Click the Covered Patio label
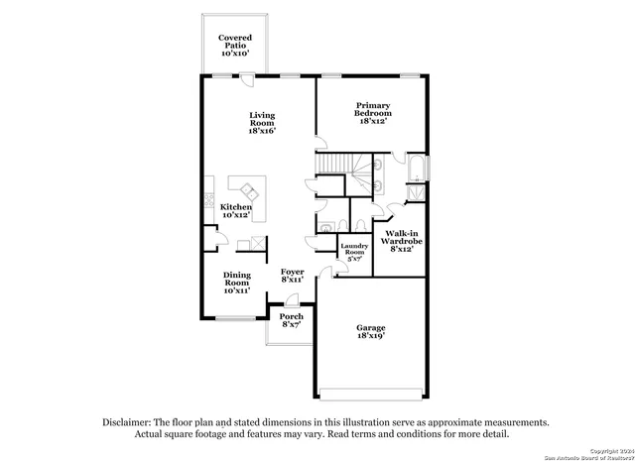coord(234,45)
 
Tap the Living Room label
coord(262,122)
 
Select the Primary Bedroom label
coord(373,112)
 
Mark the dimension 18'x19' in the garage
coord(371,337)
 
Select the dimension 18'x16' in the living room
coord(262,131)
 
